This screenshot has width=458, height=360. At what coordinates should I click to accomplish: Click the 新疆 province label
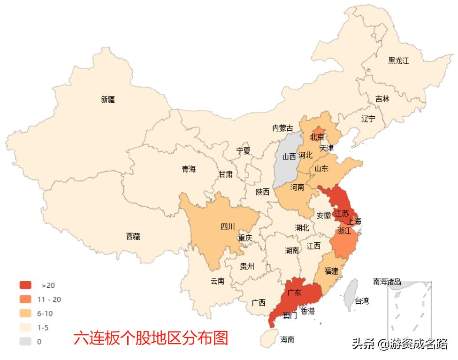[107, 99]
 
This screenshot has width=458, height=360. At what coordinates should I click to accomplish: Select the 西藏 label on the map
[133, 237]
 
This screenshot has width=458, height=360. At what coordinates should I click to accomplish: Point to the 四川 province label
[228, 227]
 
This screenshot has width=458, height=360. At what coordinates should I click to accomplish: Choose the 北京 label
[317, 137]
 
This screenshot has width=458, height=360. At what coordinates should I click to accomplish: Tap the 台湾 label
[361, 301]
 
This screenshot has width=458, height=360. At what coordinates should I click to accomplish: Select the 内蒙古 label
[283, 128]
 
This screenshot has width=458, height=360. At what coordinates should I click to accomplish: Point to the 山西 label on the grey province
[289, 157]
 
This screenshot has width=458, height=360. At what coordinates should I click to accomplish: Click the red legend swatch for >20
[25, 285]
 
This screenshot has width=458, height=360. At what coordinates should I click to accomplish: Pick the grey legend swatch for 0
[25, 342]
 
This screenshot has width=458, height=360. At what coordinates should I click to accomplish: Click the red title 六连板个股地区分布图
[151, 338]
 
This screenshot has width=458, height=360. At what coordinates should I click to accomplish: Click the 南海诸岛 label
[387, 281]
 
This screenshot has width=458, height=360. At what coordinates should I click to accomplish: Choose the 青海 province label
[189, 169]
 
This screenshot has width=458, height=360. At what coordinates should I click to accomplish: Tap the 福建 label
[331, 271]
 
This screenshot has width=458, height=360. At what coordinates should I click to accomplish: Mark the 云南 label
[217, 281]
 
